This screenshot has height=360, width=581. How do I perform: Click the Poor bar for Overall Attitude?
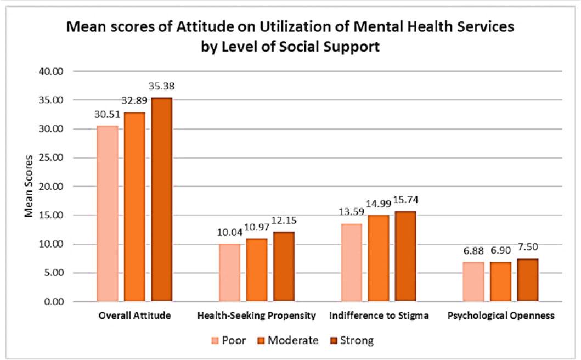pyautogui.click(x=108, y=213)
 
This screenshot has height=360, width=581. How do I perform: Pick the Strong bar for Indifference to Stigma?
pyautogui.click(x=406, y=256)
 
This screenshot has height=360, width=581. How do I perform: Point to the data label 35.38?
pyautogui.click(x=162, y=87)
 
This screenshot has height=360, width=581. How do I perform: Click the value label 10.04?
pyautogui.click(x=230, y=233)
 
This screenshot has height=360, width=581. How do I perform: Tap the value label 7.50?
pyautogui.click(x=528, y=248)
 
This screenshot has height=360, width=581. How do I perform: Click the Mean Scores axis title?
pyautogui.click(x=29, y=185)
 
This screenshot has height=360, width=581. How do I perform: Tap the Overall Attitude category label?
pyautogui.click(x=135, y=316)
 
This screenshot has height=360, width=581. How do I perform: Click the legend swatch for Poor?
pyautogui.click(x=216, y=341)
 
